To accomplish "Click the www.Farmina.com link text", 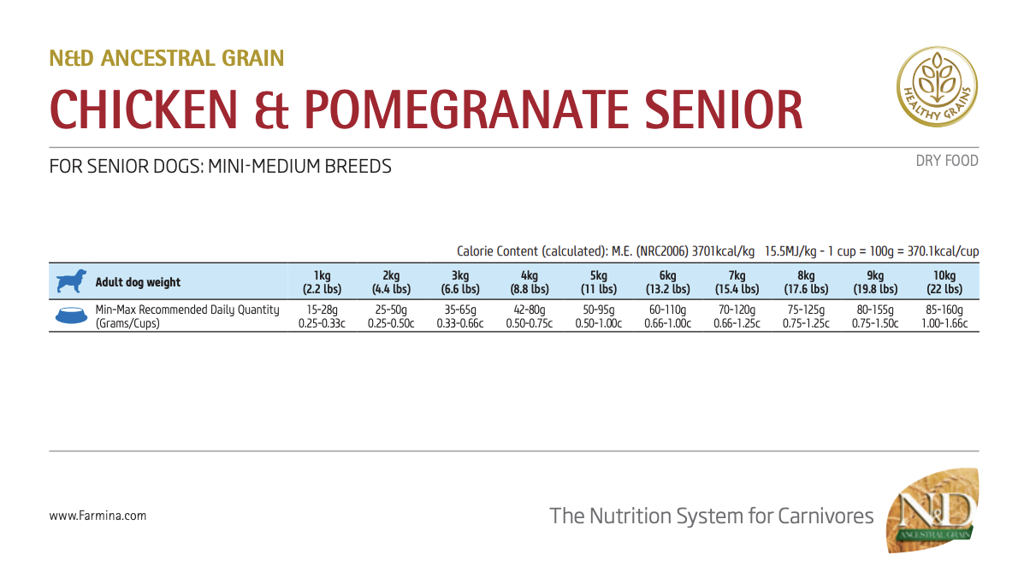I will coord(98,516).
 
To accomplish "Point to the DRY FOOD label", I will coord(946,161).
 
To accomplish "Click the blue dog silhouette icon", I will coord(71,282).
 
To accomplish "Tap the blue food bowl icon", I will coord(71,316).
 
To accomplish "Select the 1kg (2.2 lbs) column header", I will coord(322,282).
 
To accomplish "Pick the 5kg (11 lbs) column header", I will coord(598,282).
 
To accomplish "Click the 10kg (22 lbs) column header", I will coord(944,282).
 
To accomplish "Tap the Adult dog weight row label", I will coord(138,282).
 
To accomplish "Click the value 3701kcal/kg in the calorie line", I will coord(723,251).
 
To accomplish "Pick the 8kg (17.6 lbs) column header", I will coord(806,282).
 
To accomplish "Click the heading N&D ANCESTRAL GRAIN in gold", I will coord(167,58).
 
